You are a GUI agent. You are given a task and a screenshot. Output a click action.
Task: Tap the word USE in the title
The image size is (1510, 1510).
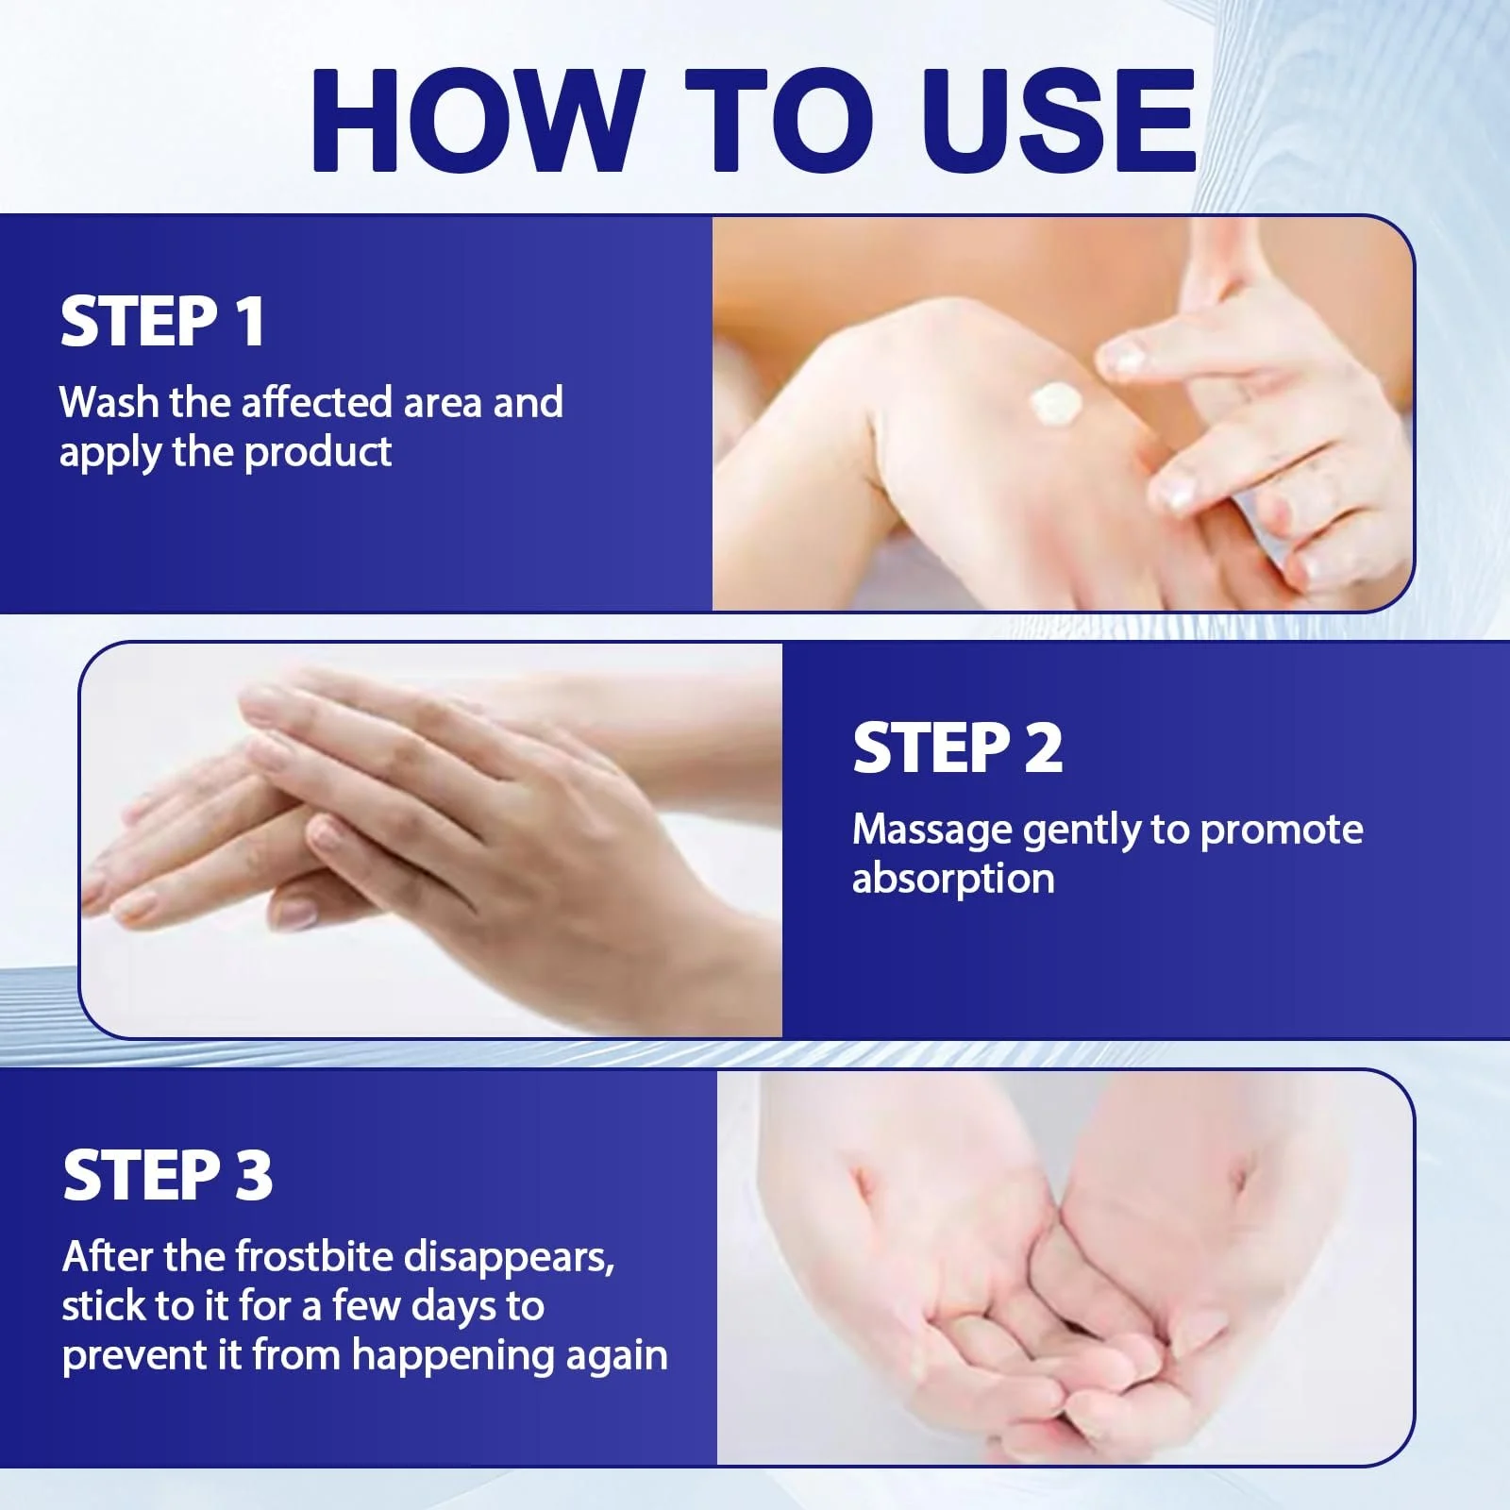[x=1058, y=120]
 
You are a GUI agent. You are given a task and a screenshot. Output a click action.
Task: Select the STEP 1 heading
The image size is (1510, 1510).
[x=162, y=322]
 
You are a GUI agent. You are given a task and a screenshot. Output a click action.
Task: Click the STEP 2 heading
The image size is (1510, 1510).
[x=958, y=748]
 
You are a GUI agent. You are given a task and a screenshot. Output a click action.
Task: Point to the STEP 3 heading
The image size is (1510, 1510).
[x=168, y=1175]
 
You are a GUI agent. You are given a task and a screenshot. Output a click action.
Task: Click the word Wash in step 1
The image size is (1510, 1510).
[x=109, y=402]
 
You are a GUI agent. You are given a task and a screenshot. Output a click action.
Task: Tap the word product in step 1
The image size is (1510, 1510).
[x=318, y=453]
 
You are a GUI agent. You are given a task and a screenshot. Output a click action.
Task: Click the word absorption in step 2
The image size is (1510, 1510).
[x=953, y=880]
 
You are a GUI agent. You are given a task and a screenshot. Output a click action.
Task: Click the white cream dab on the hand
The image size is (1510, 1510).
[x=1056, y=404]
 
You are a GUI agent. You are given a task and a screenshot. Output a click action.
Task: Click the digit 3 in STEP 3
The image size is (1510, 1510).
[x=253, y=1175]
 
